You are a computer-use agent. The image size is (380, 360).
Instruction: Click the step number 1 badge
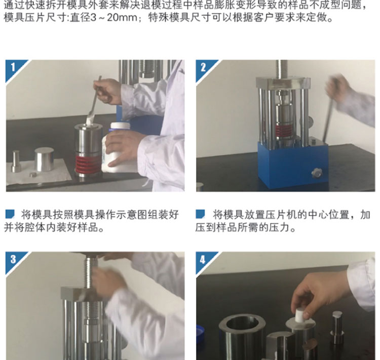13,67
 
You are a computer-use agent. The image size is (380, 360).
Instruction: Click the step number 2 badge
203,67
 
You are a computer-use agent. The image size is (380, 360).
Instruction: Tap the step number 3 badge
13,259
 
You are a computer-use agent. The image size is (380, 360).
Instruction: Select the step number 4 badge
203,259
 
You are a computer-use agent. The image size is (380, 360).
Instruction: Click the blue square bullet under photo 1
10,214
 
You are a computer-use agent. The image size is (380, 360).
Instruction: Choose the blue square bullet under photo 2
200,214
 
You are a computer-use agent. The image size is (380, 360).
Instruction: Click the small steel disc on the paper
33,174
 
